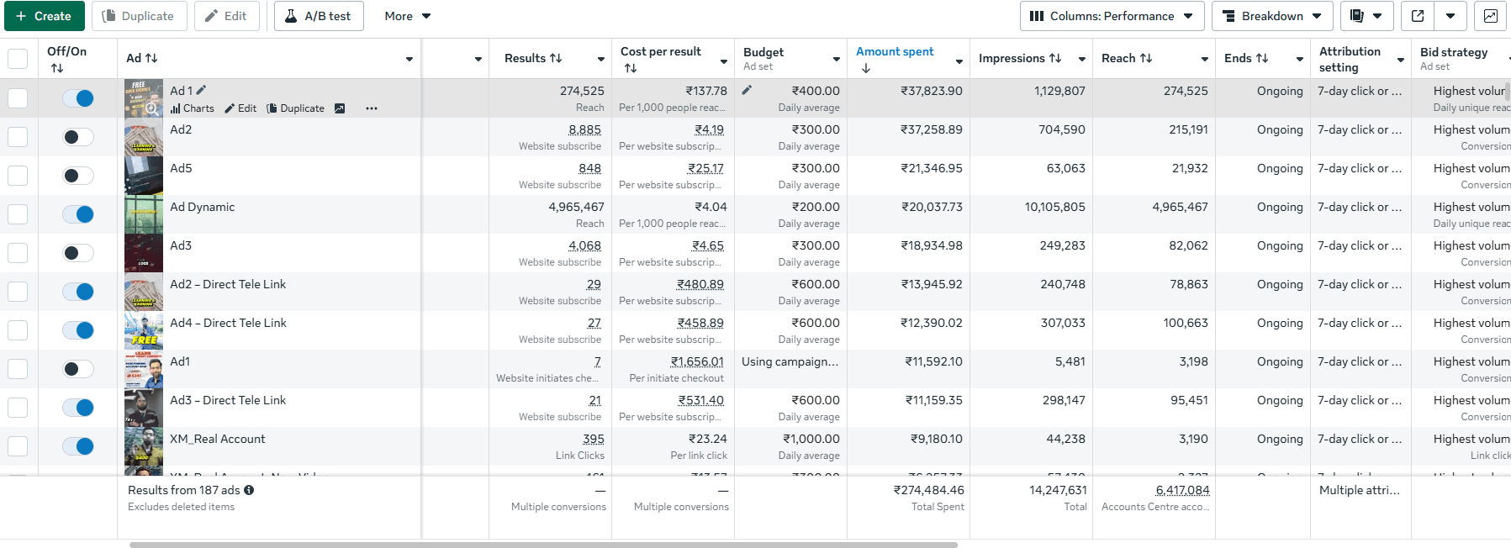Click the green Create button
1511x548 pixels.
(44, 16)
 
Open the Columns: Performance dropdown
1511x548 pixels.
(1112, 16)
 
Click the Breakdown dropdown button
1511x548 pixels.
(1271, 16)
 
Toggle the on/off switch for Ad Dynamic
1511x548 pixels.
(78, 214)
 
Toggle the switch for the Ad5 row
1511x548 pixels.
(78, 176)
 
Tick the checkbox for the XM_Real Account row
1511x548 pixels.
(18, 446)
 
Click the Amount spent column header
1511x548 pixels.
(895, 51)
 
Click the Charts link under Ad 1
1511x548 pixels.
(193, 108)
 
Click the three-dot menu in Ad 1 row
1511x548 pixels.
(372, 108)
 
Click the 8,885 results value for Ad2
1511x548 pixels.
(584, 129)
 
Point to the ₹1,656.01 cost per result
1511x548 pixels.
(697, 361)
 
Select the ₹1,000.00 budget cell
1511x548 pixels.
(811, 439)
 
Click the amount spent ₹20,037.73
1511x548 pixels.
(932, 207)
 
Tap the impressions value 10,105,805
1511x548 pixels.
(1054, 207)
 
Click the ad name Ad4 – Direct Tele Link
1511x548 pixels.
(228, 323)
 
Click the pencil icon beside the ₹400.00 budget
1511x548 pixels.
(747, 90)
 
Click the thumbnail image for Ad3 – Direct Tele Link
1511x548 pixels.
(144, 408)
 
